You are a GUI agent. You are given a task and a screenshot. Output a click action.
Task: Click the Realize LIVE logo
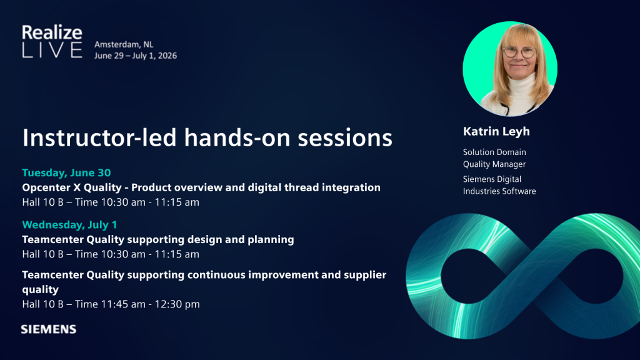pyautogui.click(x=52, y=41)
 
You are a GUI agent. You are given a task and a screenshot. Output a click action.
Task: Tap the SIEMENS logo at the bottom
pyautogui.click(x=49, y=329)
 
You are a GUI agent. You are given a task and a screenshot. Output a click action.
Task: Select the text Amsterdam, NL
pyautogui.click(x=124, y=44)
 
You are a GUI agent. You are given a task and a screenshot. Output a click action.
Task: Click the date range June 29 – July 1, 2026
pyautogui.click(x=136, y=56)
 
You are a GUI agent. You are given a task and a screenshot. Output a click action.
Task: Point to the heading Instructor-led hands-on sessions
pyautogui.click(x=207, y=137)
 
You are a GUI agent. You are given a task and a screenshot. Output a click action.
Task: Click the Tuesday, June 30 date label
pyautogui.click(x=66, y=172)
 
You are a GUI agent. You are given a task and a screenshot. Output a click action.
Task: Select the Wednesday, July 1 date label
pyautogui.click(x=70, y=224)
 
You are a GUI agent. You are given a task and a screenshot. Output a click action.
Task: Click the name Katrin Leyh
pyautogui.click(x=496, y=131)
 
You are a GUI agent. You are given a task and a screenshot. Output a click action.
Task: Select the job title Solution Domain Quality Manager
pyautogui.click(x=494, y=158)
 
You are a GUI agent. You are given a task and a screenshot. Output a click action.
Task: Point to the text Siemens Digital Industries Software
pyautogui.click(x=499, y=185)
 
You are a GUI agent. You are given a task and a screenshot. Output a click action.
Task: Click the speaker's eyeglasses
pyautogui.click(x=519, y=52)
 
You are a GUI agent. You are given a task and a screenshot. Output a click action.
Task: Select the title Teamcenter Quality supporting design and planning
pyautogui.click(x=158, y=239)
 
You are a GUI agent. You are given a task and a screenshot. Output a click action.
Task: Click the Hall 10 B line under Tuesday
pyautogui.click(x=111, y=202)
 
